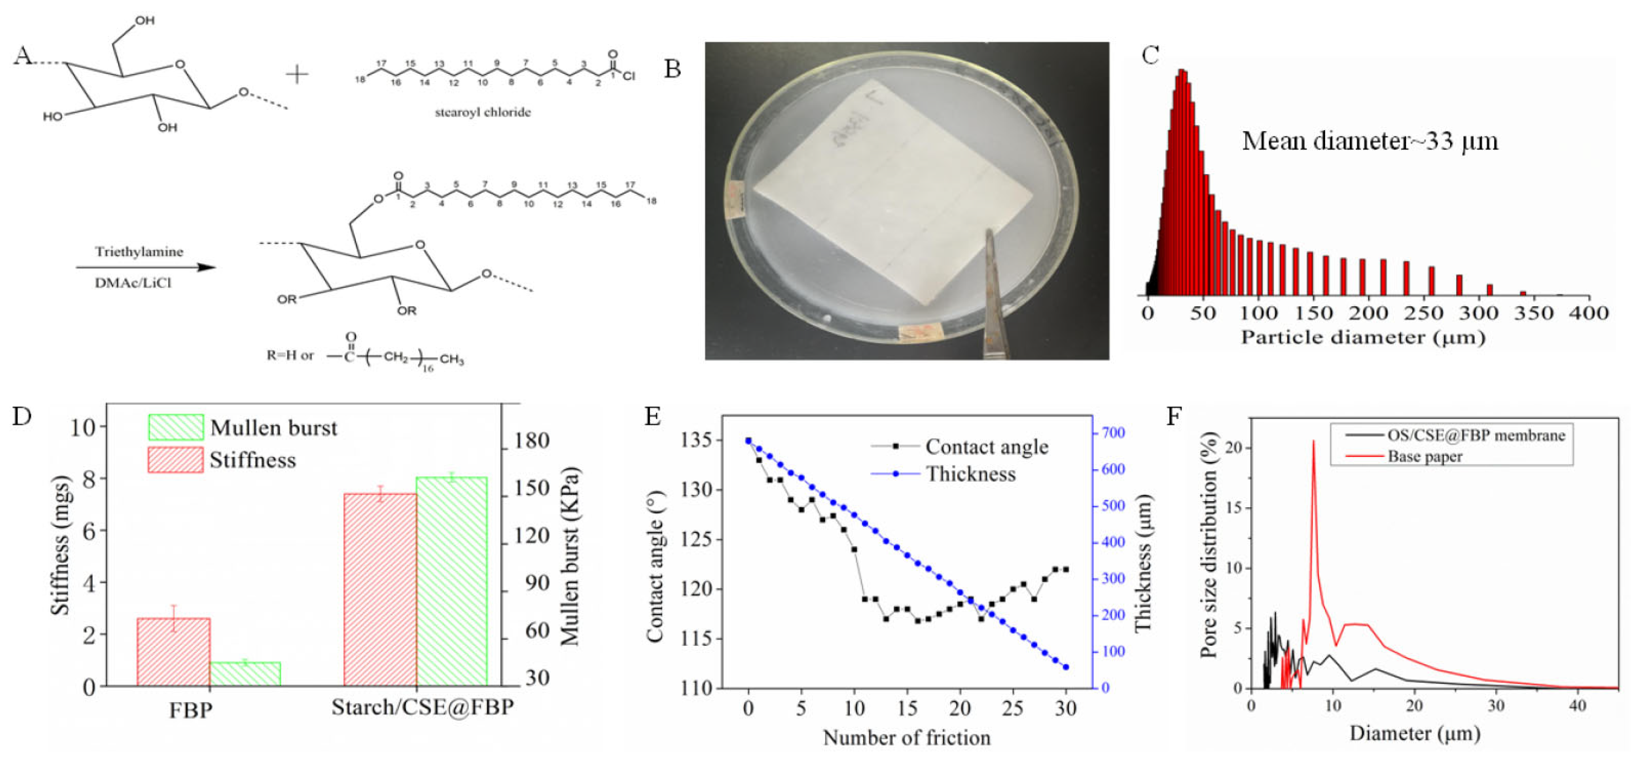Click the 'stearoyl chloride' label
[482, 113]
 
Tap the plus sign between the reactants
[297, 75]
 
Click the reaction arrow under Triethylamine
[146, 267]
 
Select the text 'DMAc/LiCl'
[133, 283]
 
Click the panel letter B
[673, 68]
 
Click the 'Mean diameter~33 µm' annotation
[1369, 141]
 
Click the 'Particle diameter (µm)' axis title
[1363, 337]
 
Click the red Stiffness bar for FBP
[173, 652]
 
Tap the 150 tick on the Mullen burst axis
[531, 488]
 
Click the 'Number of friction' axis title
[906, 738]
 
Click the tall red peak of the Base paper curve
[1313, 443]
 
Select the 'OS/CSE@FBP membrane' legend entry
[1475, 435]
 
